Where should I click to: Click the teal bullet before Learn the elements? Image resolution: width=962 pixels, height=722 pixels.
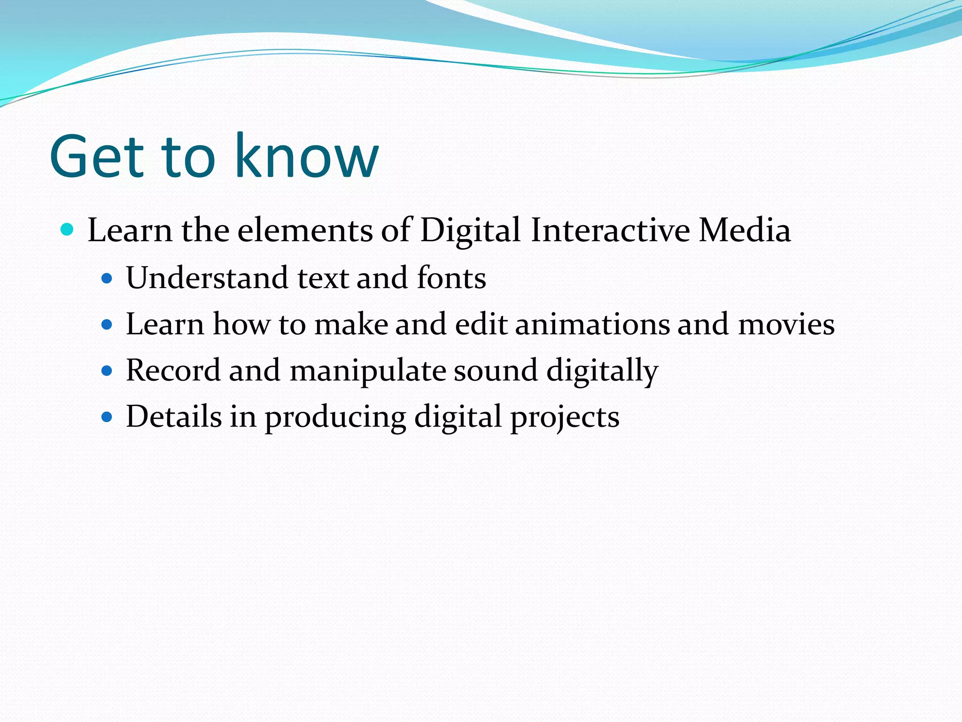68,230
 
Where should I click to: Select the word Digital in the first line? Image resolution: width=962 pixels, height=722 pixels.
470,230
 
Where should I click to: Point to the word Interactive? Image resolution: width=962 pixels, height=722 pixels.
610,230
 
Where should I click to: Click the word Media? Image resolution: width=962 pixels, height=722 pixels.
745,230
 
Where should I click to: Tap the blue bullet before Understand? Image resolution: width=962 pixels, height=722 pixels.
107,279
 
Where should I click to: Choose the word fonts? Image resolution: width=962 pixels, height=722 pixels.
451,278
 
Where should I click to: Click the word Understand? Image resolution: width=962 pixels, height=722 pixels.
207,278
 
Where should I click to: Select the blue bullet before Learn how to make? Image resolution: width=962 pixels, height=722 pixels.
107,325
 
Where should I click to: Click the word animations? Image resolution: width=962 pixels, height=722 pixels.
592,324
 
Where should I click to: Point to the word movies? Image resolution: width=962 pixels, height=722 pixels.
786,324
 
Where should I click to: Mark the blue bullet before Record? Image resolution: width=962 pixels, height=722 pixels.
107,371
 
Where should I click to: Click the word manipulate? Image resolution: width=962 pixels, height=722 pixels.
367,371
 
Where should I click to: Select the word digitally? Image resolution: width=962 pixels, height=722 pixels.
602,371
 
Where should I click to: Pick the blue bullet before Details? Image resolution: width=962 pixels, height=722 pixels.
107,417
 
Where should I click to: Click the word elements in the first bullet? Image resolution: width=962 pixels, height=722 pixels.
305,230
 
